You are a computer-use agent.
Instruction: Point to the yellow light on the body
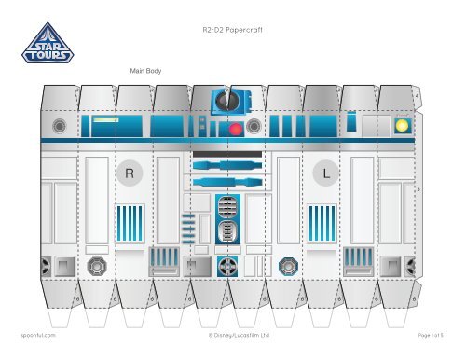(402, 125)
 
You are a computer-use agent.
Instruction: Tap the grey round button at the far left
(60, 125)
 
